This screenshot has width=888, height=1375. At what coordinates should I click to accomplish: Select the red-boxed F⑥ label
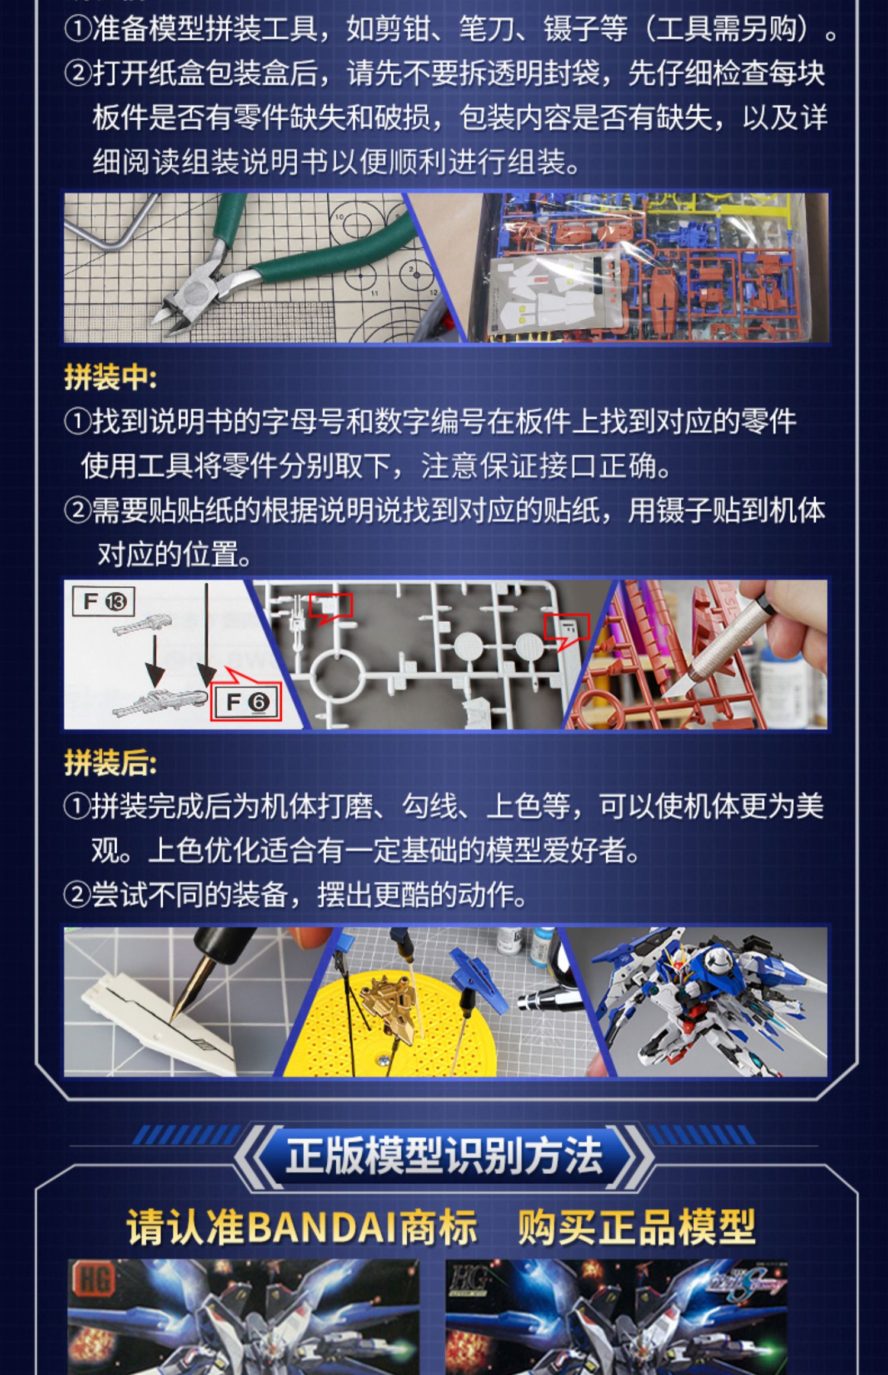pyautogui.click(x=246, y=702)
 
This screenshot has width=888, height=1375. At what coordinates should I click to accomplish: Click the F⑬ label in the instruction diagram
pyautogui.click(x=104, y=602)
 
